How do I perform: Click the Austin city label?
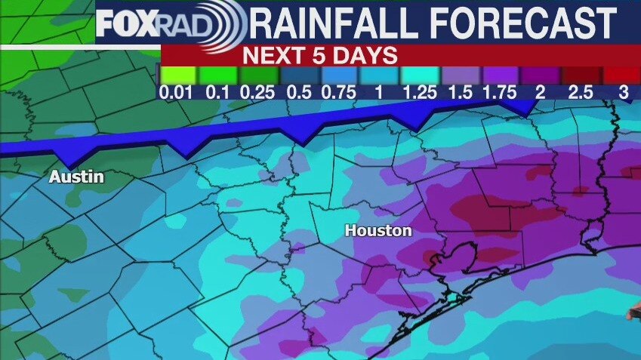pyautogui.click(x=76, y=178)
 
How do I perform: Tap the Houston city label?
pyautogui.click(x=378, y=231)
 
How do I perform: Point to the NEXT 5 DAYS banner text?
pyautogui.click(x=320, y=55)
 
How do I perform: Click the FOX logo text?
pyautogui.click(x=126, y=25)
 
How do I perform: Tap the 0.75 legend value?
pyautogui.click(x=338, y=92)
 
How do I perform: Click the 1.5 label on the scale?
pyautogui.click(x=461, y=92)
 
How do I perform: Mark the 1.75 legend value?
pyautogui.click(x=499, y=92)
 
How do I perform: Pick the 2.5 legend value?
pyautogui.click(x=581, y=92)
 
